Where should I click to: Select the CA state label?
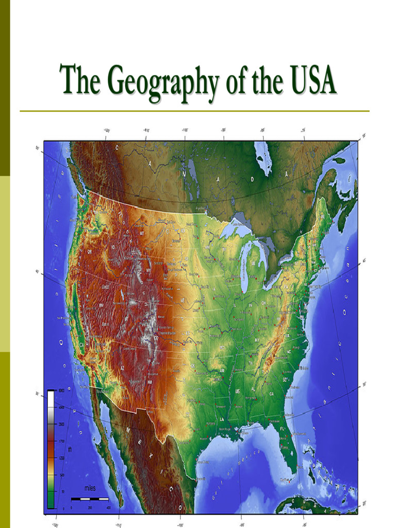(x=81, y=345)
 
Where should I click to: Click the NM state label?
(x=150, y=382)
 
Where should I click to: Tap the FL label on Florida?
(x=282, y=428)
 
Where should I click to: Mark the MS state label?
(x=238, y=392)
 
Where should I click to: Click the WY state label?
(x=150, y=270)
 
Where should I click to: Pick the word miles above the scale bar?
(x=90, y=488)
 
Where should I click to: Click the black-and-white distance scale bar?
(x=90, y=499)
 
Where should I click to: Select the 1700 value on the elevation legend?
(x=61, y=441)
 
